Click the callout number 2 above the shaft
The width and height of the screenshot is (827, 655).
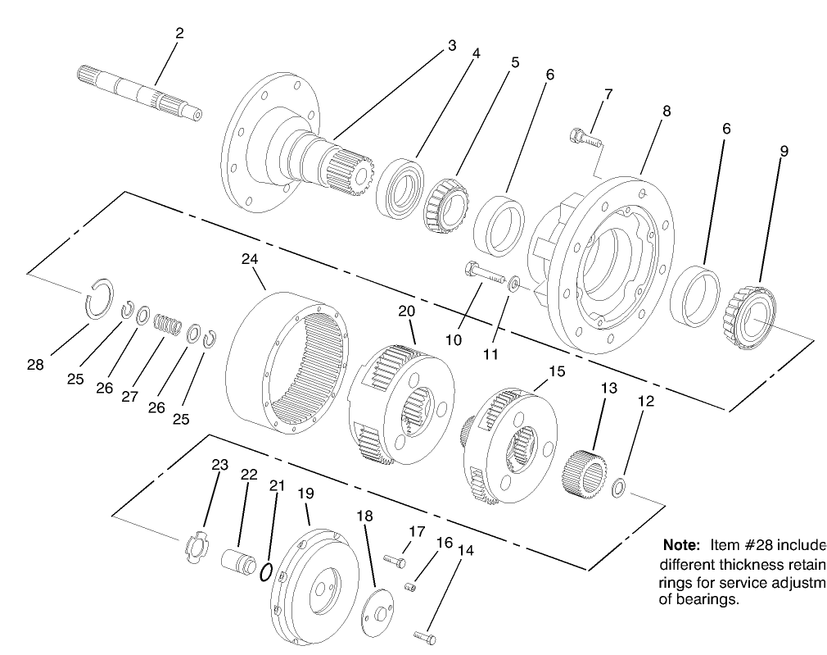tap(179, 33)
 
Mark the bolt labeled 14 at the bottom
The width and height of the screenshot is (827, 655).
tap(423, 635)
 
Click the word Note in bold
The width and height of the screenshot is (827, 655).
tap(679, 545)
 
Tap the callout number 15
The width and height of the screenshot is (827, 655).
tap(557, 372)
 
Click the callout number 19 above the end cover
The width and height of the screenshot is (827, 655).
tap(305, 494)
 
